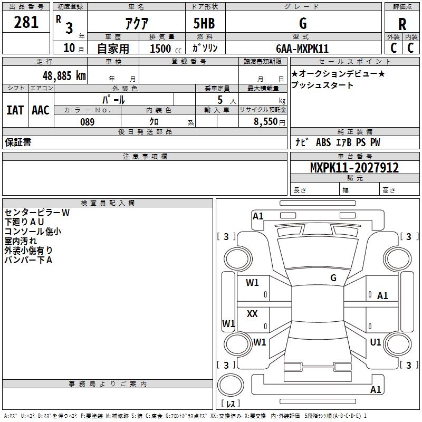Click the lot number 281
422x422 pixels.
coord(26,22)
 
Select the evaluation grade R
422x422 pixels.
coord(402,24)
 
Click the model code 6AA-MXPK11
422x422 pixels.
coord(302,49)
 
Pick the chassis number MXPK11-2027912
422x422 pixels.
coord(354,168)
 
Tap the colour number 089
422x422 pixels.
coord(87,122)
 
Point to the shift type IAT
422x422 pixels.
coord(15,110)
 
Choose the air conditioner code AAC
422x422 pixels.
coord(40,110)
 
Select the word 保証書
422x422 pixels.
coord(18,142)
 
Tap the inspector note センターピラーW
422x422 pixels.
coord(37,213)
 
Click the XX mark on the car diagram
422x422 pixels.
coord(252,314)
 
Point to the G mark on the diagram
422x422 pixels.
coord(333,277)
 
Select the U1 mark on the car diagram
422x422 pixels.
coord(376,342)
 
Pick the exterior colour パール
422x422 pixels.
coord(113,99)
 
